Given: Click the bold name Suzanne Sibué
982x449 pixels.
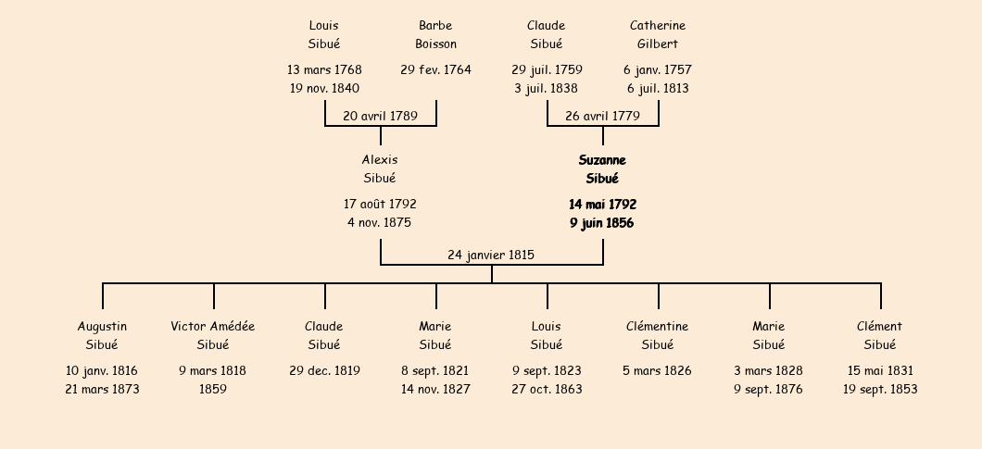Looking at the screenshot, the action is pos(602,169).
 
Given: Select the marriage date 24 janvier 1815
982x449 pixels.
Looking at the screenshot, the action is pos(491,255).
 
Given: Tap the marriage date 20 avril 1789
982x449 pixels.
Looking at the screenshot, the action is pos(380,116).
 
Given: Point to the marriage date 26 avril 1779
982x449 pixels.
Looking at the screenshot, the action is pos(602,116).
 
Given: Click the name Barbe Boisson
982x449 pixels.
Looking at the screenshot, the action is pos(436,34).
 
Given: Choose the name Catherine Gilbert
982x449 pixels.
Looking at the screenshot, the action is pos(658,34).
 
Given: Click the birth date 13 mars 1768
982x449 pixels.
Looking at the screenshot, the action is pos(324,69).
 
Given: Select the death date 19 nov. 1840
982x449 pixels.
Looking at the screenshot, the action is pos(324,88).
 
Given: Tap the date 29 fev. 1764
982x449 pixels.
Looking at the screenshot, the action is pos(436,69).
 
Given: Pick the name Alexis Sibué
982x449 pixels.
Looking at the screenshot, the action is pos(380,169).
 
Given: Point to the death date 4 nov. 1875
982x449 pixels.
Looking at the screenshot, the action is pos(380,222).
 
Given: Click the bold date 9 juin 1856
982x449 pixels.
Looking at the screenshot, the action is pos(602,223).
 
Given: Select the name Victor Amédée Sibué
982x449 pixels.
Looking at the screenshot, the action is pos(213,335).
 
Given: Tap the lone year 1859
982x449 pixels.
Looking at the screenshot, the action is pos(213,389).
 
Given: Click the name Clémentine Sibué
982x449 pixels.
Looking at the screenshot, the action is pos(658,335).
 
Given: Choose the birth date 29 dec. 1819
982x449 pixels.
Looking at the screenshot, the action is pos(324,370).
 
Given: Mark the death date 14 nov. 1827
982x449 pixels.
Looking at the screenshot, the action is pos(436,389).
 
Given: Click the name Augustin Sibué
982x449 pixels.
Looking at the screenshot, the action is pos(102,335).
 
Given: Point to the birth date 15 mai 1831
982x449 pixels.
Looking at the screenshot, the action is pos(880,370).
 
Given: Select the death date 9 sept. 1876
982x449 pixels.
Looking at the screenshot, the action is pos(769,390).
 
